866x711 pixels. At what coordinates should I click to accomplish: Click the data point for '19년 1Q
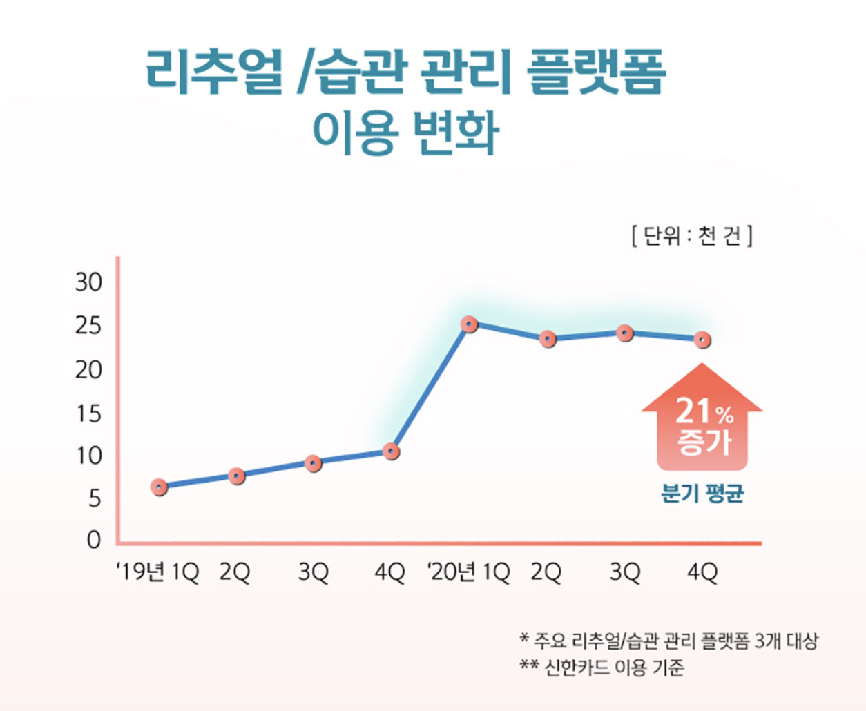click(x=159, y=487)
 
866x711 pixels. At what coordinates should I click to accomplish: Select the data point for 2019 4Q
click(x=391, y=452)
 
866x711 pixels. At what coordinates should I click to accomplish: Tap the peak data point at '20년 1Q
click(x=470, y=324)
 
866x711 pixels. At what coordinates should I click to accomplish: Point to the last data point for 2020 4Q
click(x=702, y=340)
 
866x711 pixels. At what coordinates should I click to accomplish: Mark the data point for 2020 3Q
click(x=625, y=333)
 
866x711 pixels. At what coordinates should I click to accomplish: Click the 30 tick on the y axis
click(x=88, y=282)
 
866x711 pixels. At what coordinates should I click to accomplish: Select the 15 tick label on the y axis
click(x=88, y=413)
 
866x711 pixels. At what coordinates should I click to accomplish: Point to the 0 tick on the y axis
click(x=94, y=540)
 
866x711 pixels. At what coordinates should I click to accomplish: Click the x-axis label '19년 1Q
click(x=157, y=572)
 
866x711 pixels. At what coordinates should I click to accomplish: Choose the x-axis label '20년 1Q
click(x=468, y=572)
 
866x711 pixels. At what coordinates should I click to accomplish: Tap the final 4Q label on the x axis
click(x=702, y=572)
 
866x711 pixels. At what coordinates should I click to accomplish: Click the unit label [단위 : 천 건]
click(x=691, y=236)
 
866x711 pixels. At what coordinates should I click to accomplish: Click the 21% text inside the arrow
click(x=703, y=412)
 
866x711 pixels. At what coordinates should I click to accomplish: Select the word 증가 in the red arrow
click(x=703, y=442)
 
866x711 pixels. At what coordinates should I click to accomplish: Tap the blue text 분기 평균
click(x=702, y=494)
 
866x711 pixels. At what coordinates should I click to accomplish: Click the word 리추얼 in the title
click(x=214, y=72)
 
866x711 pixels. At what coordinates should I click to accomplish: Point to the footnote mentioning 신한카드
click(x=602, y=668)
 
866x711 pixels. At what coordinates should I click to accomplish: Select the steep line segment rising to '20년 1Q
click(x=430, y=388)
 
